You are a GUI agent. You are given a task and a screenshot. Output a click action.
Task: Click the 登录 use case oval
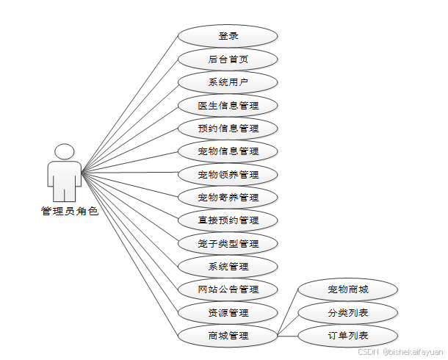(x=228, y=36)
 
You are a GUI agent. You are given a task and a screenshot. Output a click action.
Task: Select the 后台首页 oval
(x=228, y=59)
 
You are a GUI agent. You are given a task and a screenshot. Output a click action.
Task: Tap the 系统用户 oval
(x=228, y=82)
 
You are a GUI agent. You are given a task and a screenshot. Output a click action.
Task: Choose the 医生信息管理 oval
(x=228, y=105)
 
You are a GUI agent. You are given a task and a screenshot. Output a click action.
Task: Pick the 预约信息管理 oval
(x=228, y=129)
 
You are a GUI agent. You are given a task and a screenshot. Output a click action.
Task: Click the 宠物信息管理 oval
(x=228, y=151)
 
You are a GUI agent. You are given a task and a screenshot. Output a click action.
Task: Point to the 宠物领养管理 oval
(x=228, y=175)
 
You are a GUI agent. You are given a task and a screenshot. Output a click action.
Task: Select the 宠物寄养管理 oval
(x=228, y=198)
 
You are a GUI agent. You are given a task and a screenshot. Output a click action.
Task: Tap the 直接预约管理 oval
(x=228, y=220)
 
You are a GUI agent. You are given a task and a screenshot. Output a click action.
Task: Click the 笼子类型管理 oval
(x=228, y=243)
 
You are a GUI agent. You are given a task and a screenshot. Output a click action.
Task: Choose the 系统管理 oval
(x=228, y=267)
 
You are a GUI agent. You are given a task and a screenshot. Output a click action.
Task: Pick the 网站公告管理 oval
(x=228, y=289)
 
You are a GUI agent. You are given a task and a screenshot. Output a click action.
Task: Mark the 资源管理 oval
(x=228, y=313)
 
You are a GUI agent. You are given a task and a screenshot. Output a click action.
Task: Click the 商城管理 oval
(x=228, y=336)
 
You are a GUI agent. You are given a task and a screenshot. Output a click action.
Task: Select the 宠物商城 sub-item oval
(x=347, y=290)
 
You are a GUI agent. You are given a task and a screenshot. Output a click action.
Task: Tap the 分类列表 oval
(x=347, y=313)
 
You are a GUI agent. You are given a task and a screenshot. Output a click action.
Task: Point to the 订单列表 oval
(x=347, y=336)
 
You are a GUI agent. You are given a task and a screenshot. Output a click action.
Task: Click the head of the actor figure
(x=65, y=152)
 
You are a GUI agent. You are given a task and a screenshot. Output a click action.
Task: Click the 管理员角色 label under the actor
(x=69, y=211)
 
